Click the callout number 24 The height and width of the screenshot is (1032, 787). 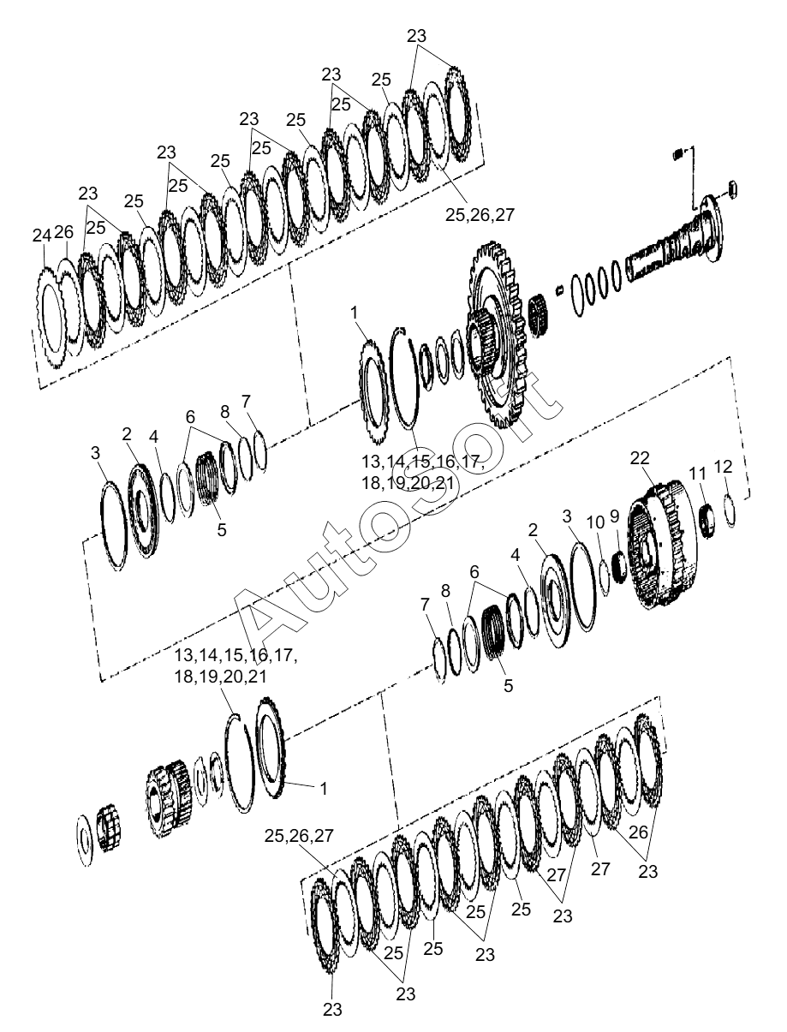[41, 236]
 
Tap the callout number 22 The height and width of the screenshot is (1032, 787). [640, 458]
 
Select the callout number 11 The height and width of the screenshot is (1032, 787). [698, 474]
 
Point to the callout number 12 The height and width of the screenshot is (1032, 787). [724, 467]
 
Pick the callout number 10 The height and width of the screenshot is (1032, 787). [595, 522]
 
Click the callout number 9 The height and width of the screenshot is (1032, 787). [615, 516]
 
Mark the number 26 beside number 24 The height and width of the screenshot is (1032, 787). [64, 232]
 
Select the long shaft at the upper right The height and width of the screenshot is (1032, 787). [677, 239]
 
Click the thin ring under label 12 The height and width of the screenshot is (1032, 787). [730, 511]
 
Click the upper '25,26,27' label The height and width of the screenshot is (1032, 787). [480, 215]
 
